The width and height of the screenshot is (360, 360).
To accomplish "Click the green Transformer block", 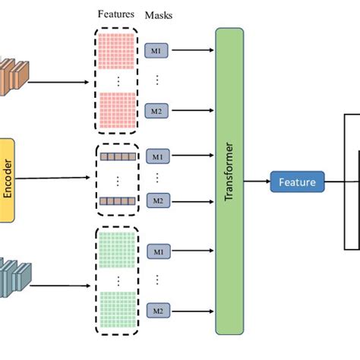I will tap(229, 181).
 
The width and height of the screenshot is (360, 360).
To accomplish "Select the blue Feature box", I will tap(297, 182).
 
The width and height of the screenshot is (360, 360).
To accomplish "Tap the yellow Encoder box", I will tap(7, 179).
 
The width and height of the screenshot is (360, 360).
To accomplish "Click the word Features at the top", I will tap(116, 14).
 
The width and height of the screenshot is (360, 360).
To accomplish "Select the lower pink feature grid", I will tap(116, 108).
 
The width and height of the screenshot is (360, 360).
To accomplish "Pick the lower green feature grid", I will tap(116, 309).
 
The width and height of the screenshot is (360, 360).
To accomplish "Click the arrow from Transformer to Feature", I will tap(257, 182).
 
